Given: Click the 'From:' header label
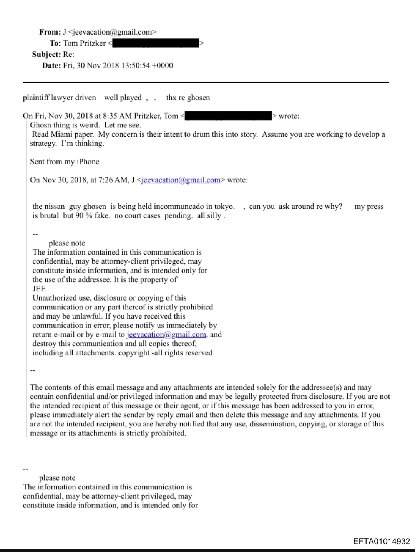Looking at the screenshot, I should click(50, 32).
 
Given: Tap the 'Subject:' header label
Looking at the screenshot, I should click(46, 55).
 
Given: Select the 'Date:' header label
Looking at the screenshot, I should click(51, 66).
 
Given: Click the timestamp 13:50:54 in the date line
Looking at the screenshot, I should click(135, 66).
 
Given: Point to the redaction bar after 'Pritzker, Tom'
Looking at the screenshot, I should click(229, 116).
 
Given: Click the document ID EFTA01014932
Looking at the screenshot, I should click(382, 541).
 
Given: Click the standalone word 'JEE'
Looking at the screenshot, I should click(39, 289).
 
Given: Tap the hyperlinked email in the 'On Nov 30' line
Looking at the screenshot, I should click(181, 180).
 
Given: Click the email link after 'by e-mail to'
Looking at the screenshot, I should click(167, 334).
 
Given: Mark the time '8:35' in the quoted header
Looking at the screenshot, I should click(110, 116).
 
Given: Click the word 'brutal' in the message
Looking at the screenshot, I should click(50, 216).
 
